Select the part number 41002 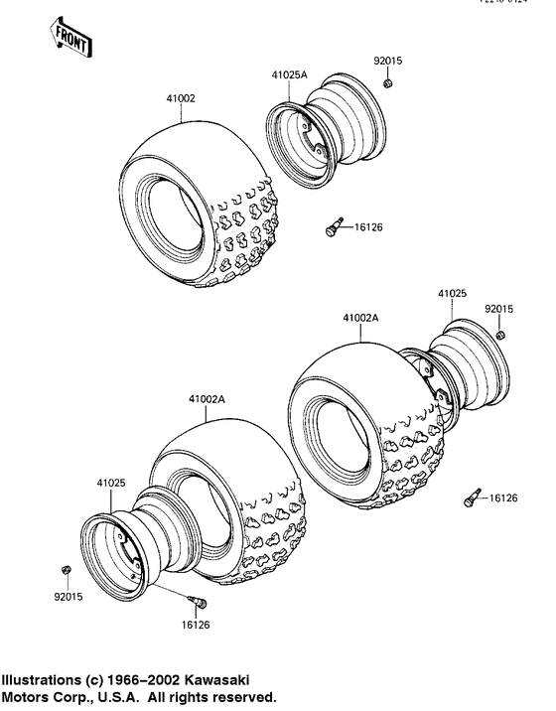point(180,98)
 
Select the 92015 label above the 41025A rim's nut point(388,62)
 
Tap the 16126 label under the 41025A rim point(367,227)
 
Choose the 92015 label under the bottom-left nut point(66,598)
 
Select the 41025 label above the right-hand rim point(452,294)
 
